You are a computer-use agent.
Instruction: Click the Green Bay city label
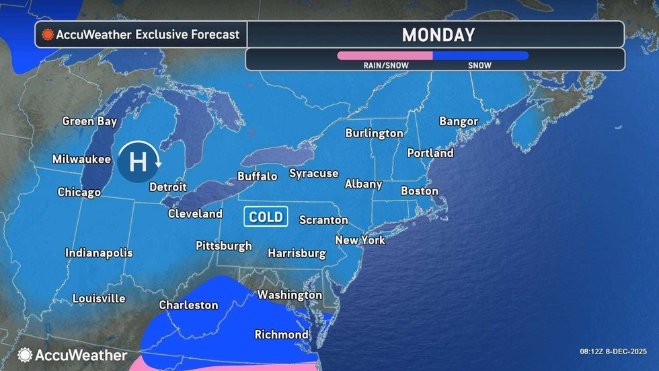click(89, 122)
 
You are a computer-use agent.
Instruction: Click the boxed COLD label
click(266, 217)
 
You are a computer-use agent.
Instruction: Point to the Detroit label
click(167, 187)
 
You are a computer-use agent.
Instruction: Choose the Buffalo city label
click(257, 176)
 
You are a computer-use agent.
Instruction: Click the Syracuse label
click(313, 174)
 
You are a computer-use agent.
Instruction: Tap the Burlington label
click(374, 133)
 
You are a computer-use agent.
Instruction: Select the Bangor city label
click(459, 122)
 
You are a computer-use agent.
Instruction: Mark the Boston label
click(420, 191)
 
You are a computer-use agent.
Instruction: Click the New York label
click(360, 240)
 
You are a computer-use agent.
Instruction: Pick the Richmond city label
click(281, 334)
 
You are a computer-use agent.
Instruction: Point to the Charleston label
click(188, 305)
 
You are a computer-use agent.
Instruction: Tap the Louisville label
click(99, 298)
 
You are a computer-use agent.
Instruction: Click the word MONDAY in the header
click(438, 35)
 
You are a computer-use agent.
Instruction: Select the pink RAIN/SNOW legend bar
click(384, 56)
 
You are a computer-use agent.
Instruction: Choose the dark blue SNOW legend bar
click(480, 56)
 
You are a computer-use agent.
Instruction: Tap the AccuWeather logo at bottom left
click(73, 355)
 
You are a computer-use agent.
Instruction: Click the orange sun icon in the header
click(48, 34)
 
